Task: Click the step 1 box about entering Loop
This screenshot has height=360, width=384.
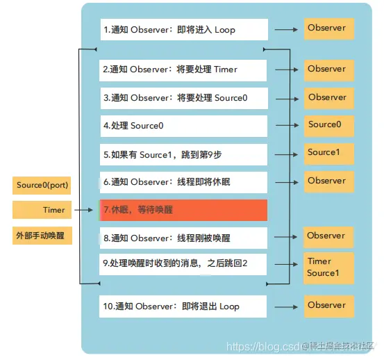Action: coord(183,30)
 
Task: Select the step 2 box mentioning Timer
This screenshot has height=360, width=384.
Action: coord(183,70)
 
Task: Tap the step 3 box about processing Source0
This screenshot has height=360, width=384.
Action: coord(183,99)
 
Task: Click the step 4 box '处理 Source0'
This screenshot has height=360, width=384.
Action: coord(183,126)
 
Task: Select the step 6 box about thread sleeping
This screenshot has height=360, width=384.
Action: coord(183,183)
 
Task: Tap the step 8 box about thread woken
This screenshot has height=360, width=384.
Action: coord(183,238)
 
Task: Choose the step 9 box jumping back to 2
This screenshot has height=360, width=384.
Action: coord(183,264)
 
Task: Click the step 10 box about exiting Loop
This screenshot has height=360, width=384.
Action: coord(183,306)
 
